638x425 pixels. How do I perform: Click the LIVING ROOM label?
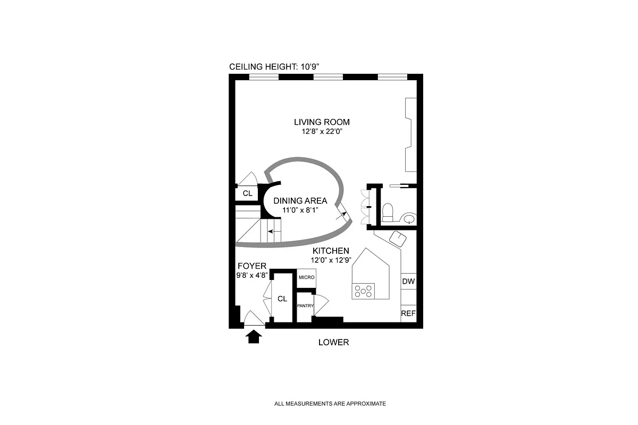point(322,122)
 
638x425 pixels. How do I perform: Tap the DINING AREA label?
point(300,201)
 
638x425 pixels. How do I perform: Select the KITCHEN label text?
point(330,251)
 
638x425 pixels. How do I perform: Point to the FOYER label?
point(251,266)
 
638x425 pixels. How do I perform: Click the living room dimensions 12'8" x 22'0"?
point(322,132)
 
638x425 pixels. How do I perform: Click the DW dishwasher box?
point(408,282)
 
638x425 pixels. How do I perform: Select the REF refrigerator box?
point(408,313)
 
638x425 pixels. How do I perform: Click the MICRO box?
point(306,278)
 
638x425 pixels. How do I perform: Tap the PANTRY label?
point(305,306)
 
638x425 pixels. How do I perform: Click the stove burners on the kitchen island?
point(363,291)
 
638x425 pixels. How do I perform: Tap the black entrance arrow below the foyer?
point(254,336)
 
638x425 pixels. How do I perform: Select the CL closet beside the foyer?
point(282,299)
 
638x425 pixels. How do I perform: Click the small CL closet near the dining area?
point(247,193)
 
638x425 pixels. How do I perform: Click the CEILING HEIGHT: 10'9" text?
point(274,67)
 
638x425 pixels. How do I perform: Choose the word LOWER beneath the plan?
point(333,342)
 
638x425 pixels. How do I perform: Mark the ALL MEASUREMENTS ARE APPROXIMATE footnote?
point(330,404)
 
